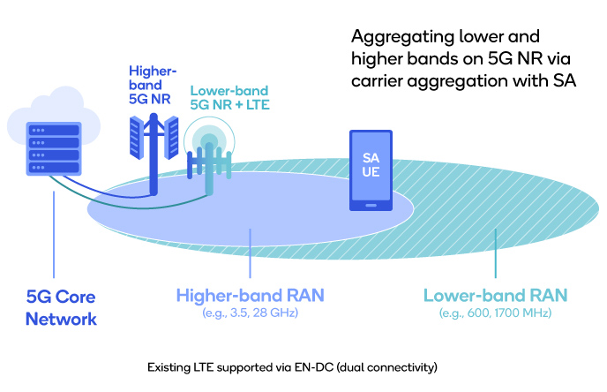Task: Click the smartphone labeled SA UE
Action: pos(371,170)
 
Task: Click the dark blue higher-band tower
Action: pos(153,150)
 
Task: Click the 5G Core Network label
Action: pos(61,306)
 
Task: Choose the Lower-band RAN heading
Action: pos(494,295)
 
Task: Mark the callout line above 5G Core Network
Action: pos(55,230)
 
